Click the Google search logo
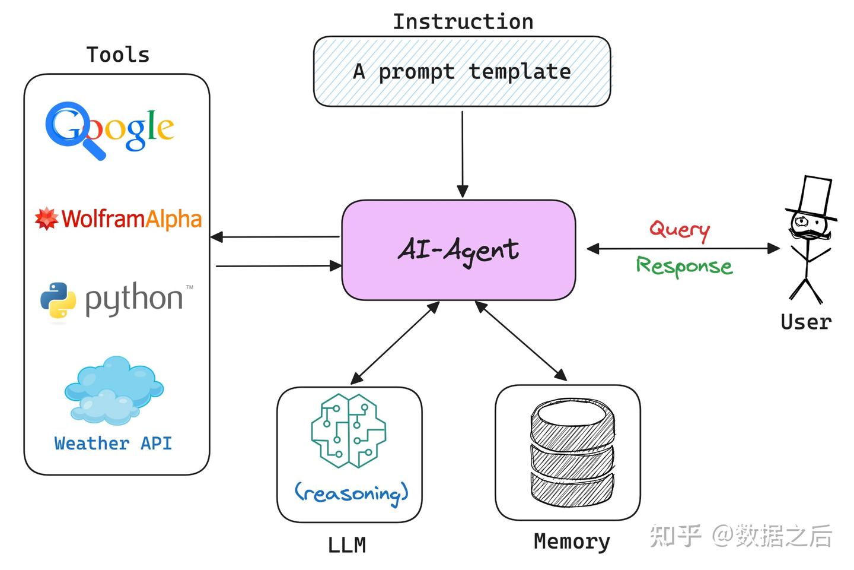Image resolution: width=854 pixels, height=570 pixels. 110,129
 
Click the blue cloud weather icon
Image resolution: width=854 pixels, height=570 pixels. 114,390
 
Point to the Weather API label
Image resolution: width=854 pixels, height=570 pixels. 113,443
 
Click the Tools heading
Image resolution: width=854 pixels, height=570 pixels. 118,55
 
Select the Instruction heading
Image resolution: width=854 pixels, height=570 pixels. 463,22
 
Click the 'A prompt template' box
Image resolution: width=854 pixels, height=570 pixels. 461,71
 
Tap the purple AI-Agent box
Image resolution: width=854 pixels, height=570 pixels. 458,249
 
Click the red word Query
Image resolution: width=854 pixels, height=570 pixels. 680,229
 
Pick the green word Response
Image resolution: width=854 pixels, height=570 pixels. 684,265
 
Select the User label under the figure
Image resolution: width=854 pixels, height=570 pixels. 806,322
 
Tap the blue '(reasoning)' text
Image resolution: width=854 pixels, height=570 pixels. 352,492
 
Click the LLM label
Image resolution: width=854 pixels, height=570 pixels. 347,544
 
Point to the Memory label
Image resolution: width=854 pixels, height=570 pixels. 572,541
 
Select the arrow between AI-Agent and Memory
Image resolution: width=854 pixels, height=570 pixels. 521,341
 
